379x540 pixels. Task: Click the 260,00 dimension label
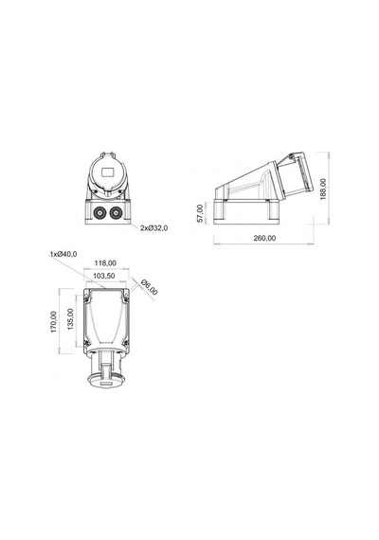click(264, 238)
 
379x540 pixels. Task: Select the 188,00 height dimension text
click(323, 189)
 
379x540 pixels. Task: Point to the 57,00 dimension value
click(200, 213)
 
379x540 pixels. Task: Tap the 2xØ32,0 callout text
click(154, 228)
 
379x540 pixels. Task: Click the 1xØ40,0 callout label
click(63, 254)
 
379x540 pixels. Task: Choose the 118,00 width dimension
click(105, 263)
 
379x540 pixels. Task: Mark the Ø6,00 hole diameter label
click(149, 287)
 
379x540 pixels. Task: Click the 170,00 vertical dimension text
click(53, 322)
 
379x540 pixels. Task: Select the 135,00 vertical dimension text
click(71, 319)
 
